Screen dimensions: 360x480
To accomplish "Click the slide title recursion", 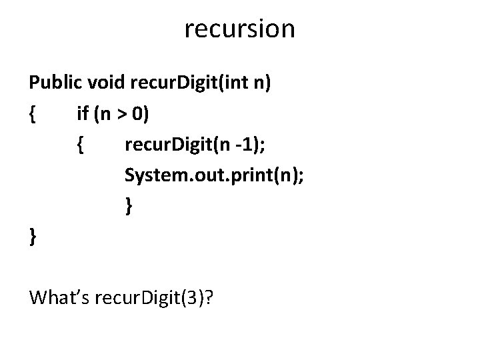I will [239, 29].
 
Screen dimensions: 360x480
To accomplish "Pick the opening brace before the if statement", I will [33, 115].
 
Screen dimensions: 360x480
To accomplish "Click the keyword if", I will [83, 115].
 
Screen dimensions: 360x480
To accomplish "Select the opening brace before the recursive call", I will [79, 145].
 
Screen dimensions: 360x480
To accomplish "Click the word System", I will [150, 175].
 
